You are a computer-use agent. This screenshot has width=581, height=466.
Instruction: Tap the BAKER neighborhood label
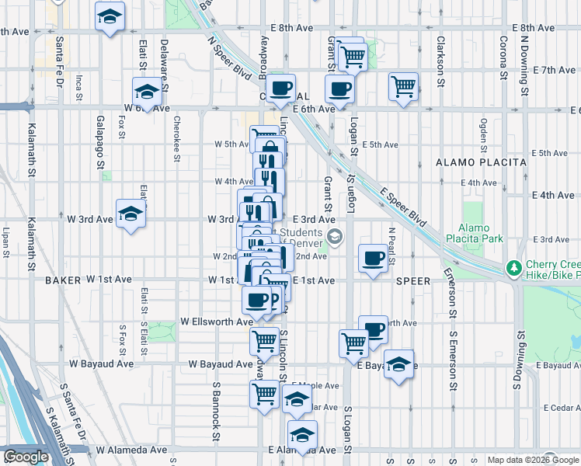click(x=63, y=279)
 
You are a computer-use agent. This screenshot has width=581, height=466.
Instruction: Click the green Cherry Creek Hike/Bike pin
click(x=513, y=268)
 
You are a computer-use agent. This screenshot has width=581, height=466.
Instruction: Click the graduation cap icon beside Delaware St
click(x=146, y=92)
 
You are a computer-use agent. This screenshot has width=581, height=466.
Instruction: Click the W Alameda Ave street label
click(x=131, y=450)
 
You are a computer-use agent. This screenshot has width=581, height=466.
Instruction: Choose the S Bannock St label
click(x=217, y=404)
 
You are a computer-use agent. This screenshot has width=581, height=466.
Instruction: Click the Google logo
click(x=26, y=457)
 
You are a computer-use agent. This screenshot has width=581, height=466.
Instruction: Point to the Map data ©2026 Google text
click(x=533, y=460)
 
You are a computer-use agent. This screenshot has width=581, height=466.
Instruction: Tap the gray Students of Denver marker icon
click(x=335, y=236)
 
